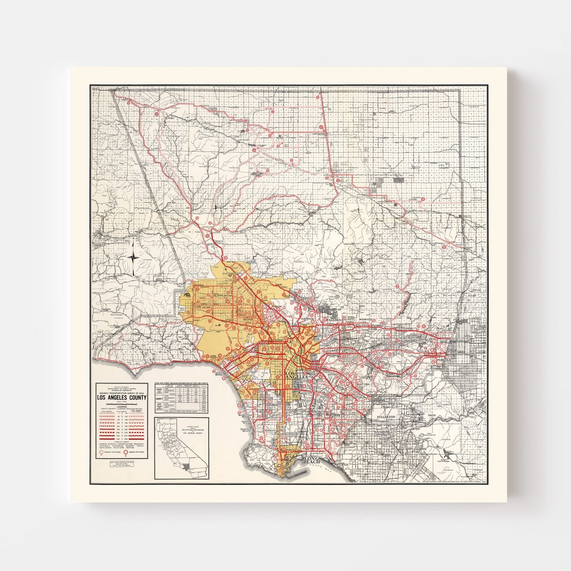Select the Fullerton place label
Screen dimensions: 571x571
coord(386,417)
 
